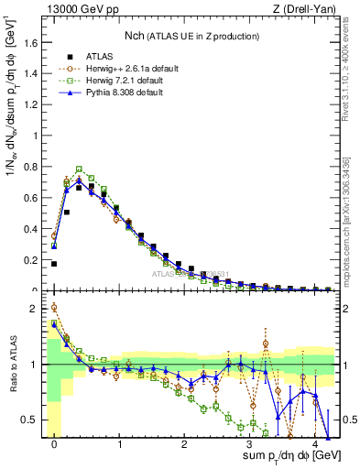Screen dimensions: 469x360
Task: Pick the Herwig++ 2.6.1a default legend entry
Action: (x=137, y=68)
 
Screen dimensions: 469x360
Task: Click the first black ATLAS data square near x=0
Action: (x=54, y=264)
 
